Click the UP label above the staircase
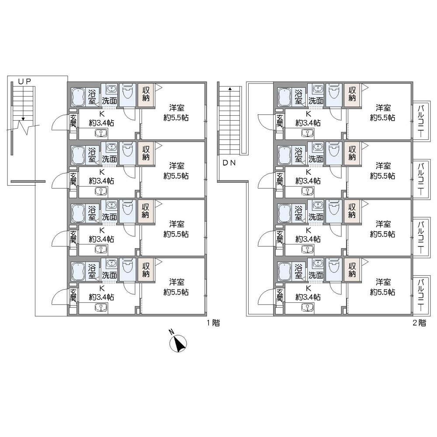(x=24, y=81)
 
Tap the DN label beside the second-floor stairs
(x=229, y=163)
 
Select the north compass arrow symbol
(x=178, y=343)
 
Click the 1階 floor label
(x=213, y=323)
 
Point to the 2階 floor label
(x=420, y=323)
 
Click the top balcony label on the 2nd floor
(x=421, y=121)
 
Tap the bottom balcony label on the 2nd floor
(x=421, y=295)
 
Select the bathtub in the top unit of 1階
(x=79, y=97)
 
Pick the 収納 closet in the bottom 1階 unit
(x=146, y=270)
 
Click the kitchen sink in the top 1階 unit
(x=101, y=134)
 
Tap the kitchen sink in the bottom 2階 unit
(x=307, y=308)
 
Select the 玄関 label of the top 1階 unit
(x=73, y=121)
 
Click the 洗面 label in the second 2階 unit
(x=316, y=159)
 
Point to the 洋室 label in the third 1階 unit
(x=177, y=224)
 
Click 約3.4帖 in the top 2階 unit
(x=308, y=123)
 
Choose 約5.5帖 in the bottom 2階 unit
(x=382, y=292)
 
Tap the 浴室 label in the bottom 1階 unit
(x=92, y=271)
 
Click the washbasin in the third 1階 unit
(x=111, y=205)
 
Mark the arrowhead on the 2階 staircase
(x=230, y=89)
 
